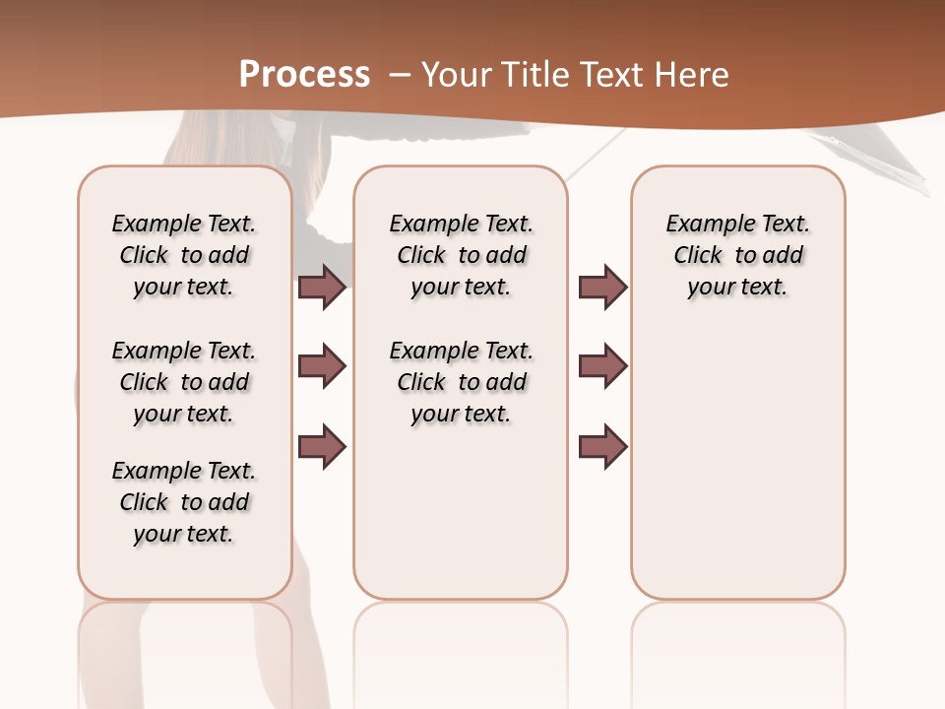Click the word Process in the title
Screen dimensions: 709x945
point(304,74)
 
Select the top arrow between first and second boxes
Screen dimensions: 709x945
point(322,287)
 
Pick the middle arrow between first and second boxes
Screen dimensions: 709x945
point(322,366)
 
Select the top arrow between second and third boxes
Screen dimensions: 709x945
point(603,287)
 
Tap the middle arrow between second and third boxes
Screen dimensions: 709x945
point(603,366)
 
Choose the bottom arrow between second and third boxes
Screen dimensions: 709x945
point(603,445)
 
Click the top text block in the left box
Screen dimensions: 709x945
point(184,255)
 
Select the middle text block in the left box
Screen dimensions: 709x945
point(184,382)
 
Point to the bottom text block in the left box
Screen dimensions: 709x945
point(184,502)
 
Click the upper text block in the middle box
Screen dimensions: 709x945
point(461,255)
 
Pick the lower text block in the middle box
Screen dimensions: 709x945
point(461,382)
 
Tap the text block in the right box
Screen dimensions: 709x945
point(737,255)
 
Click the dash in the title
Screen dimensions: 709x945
point(400,75)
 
